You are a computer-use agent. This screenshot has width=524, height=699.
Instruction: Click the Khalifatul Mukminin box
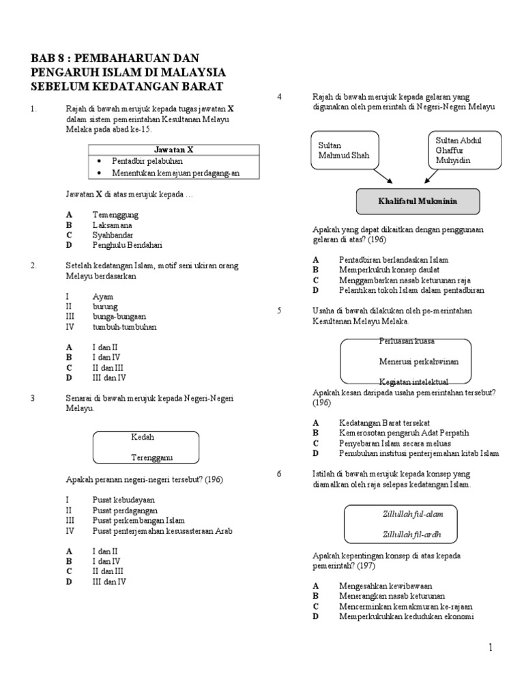point(418,202)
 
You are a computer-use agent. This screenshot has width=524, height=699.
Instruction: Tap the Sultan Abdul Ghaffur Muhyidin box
point(464,150)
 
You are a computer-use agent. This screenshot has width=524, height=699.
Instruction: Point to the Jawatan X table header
point(174,149)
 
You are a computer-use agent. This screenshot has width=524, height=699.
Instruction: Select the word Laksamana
point(113,225)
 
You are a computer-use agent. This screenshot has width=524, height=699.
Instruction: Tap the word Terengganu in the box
point(153,457)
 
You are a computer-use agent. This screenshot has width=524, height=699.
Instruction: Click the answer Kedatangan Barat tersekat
point(384,423)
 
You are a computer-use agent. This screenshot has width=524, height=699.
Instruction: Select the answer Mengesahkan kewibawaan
point(385,586)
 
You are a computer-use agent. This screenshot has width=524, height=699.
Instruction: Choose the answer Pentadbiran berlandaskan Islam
point(394,260)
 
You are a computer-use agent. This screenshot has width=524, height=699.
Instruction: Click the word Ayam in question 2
point(102,297)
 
